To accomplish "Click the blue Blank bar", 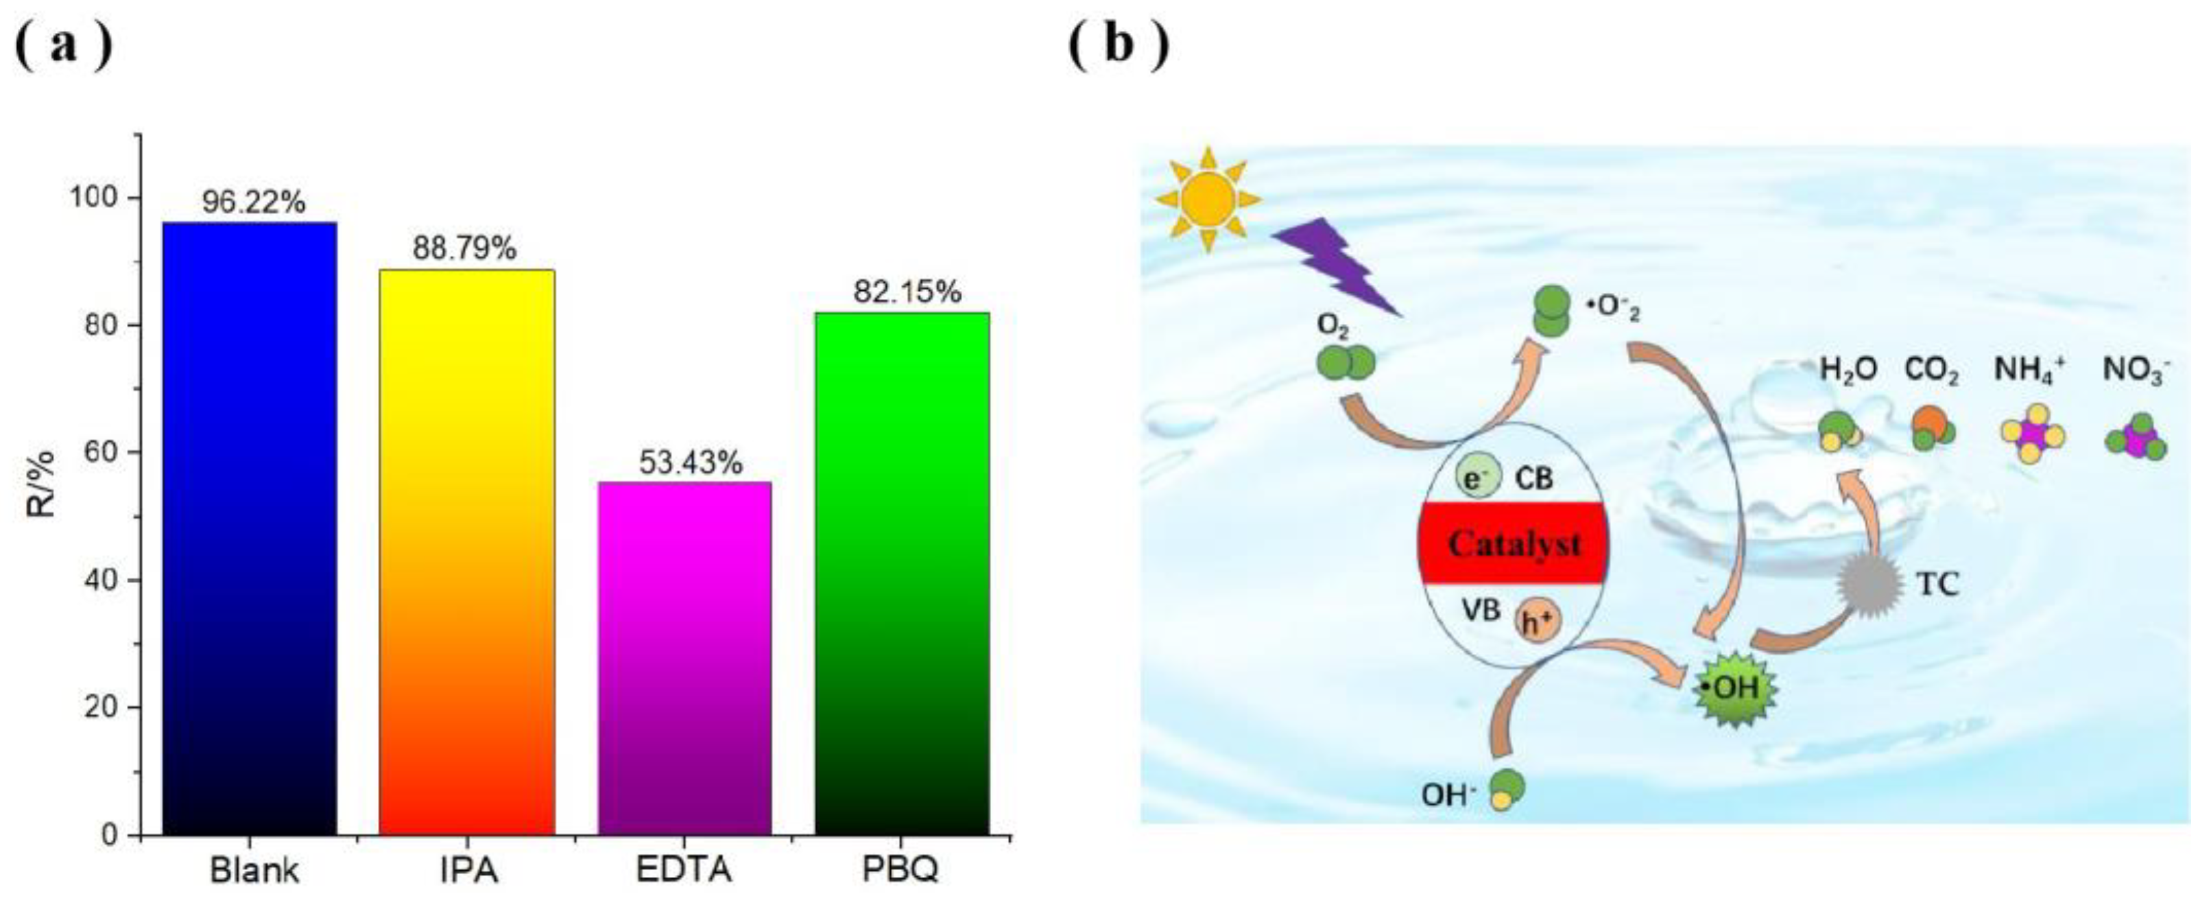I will [249, 528].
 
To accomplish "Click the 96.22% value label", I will [254, 202].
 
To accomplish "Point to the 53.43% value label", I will [690, 463].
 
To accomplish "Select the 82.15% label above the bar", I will [907, 293].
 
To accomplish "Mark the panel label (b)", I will [1118, 45].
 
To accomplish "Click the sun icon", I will [1208, 199].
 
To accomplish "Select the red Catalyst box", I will [1513, 543].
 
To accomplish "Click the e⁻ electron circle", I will [1478, 478].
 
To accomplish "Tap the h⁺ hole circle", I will [1538, 622].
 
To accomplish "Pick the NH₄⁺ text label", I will [2029, 370].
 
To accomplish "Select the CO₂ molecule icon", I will [1932, 430].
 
